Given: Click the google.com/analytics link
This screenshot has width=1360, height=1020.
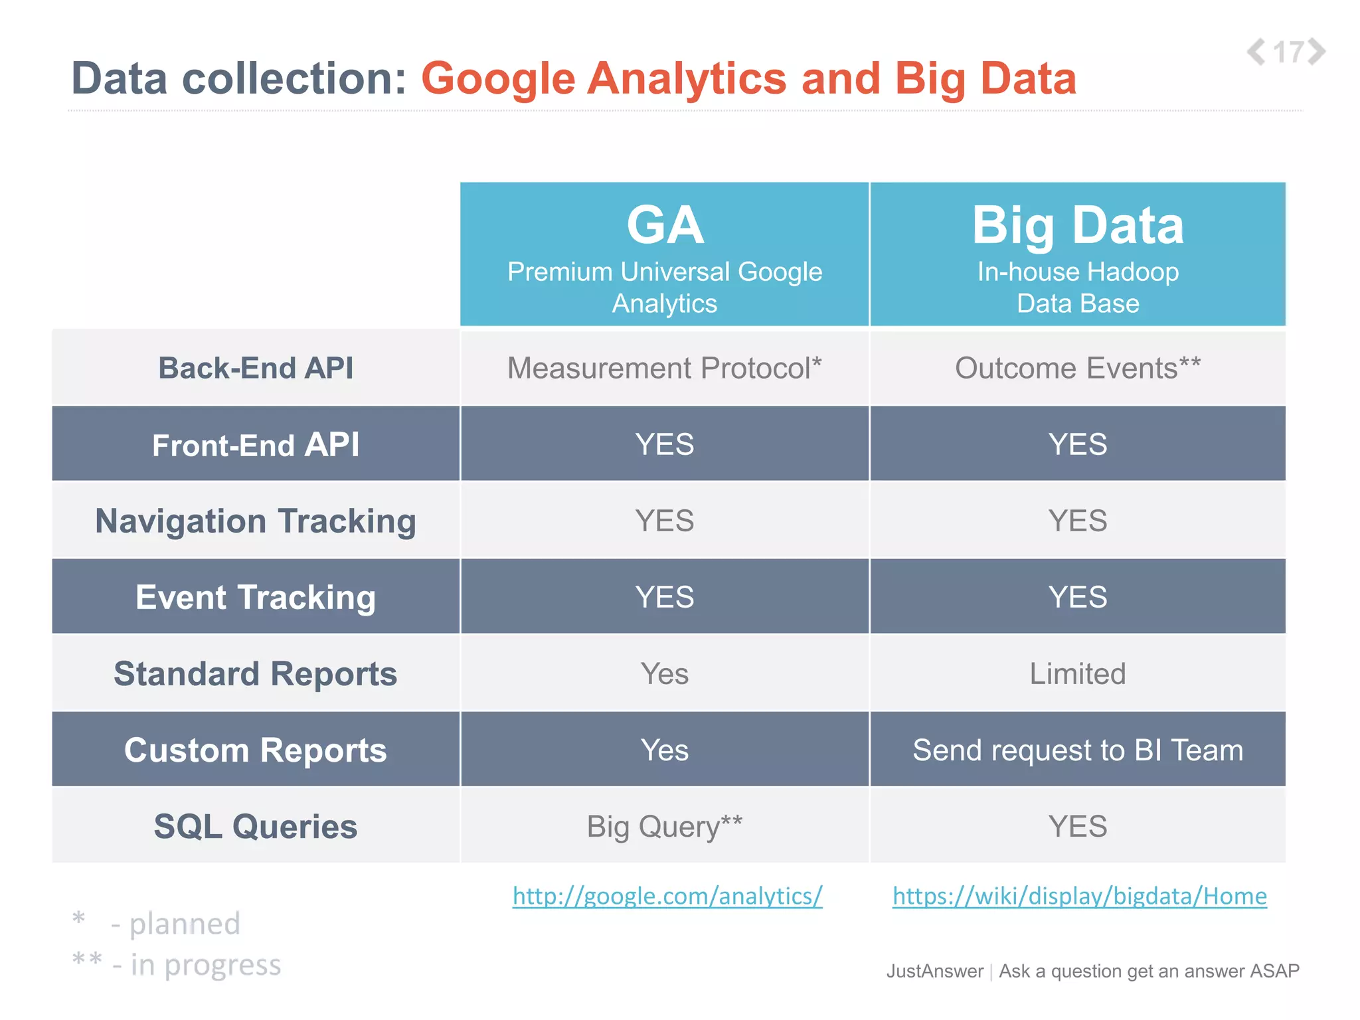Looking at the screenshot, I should click(667, 896).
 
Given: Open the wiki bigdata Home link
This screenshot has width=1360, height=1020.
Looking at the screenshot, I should click(1079, 896).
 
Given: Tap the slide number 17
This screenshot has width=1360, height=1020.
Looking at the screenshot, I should click(1287, 52).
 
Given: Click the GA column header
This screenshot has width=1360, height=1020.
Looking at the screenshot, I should click(665, 254).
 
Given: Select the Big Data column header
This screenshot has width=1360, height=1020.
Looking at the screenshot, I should click(1078, 254).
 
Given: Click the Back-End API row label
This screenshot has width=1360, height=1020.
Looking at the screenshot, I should click(256, 368).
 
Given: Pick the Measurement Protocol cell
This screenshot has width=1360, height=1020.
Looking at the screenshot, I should click(665, 368).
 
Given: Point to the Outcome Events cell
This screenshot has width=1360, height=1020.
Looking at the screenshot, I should click(1078, 368).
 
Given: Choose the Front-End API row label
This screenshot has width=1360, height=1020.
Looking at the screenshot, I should click(256, 444).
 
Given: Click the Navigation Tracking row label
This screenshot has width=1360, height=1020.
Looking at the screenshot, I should click(256, 521).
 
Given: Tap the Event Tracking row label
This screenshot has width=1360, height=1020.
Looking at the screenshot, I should click(256, 597).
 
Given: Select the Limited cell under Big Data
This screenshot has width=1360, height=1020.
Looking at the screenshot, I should click(1078, 673).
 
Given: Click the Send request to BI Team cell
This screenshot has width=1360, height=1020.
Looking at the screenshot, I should click(1078, 750).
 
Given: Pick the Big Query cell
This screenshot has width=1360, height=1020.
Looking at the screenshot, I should click(665, 827).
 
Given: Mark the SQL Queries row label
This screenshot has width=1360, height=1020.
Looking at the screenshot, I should click(256, 827).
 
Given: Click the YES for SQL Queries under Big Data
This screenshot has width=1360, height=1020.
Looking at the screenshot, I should click(1078, 827).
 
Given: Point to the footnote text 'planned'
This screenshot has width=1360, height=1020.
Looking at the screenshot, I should click(184, 924).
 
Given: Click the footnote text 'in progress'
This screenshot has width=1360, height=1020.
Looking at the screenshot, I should click(205, 965).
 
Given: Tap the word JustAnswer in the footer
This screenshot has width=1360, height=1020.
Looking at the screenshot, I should click(935, 971).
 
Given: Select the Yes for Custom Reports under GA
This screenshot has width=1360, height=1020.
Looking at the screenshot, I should click(665, 750).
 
